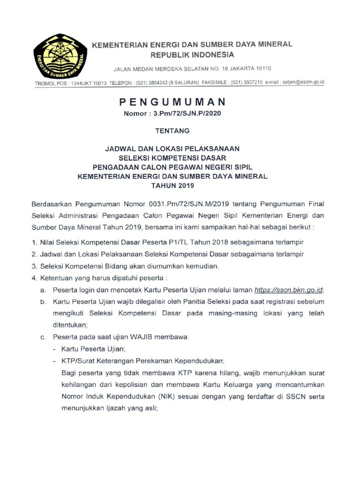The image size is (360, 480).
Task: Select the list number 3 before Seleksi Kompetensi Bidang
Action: (x=34, y=266)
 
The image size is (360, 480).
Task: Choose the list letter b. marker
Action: (x=43, y=302)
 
